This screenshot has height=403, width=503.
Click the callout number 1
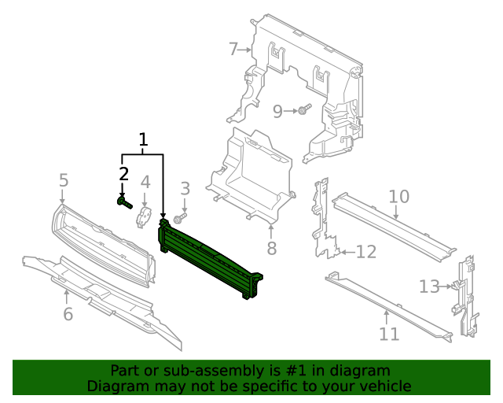[143, 140]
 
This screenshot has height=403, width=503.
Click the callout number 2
[123, 173]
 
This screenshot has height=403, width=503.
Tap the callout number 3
[185, 188]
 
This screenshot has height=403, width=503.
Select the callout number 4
[145, 183]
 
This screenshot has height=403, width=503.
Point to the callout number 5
[64, 181]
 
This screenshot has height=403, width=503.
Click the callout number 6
[68, 315]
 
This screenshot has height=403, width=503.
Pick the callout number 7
[233, 50]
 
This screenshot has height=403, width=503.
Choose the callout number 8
[271, 249]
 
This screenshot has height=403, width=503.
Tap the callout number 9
[277, 112]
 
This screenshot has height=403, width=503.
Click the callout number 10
[398, 196]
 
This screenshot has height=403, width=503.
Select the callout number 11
[389, 335]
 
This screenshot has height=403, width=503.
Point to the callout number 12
[366, 252]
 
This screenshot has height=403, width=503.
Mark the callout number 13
[429, 287]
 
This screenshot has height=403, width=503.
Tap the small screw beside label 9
[304, 109]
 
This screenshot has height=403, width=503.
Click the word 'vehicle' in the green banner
[382, 386]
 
